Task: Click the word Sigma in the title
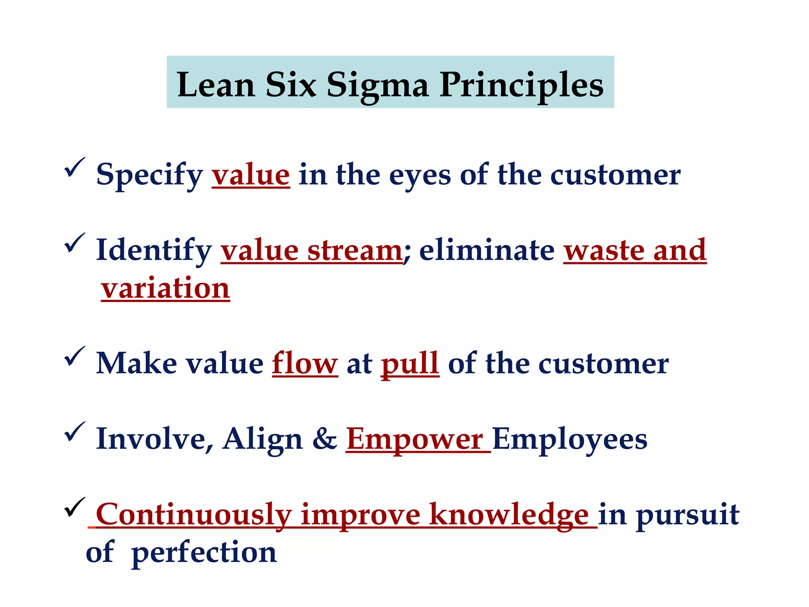(x=377, y=85)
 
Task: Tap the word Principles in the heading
(x=521, y=85)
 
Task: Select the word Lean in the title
(x=216, y=85)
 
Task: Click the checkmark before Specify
(x=74, y=168)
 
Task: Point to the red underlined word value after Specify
(x=251, y=175)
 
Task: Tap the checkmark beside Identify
(x=74, y=243)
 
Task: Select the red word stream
(x=354, y=251)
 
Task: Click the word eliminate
(x=487, y=251)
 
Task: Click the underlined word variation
(x=165, y=288)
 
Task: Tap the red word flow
(x=305, y=363)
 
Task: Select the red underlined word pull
(x=410, y=364)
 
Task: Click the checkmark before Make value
(x=74, y=356)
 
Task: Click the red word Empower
(x=415, y=439)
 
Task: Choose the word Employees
(x=570, y=439)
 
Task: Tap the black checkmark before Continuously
(x=74, y=507)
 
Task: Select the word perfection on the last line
(x=204, y=553)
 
